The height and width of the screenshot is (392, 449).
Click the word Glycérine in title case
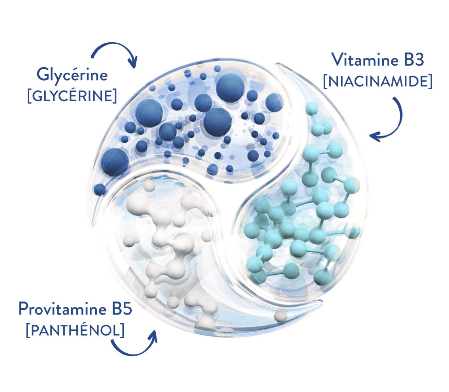pos(72,75)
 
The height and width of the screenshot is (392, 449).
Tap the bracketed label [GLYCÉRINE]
pos(72,96)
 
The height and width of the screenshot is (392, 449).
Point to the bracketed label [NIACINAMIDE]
pos(378,81)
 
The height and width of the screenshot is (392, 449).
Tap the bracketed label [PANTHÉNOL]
pos(75,330)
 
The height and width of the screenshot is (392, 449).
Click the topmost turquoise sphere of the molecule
pos(312,109)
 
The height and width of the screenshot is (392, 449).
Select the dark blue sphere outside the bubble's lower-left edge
pos(100,190)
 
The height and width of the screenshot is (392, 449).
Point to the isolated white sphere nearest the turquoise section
pos(281,316)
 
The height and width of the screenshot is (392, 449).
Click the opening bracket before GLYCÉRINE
pos(29,96)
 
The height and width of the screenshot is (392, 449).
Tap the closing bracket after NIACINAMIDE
pos(430,81)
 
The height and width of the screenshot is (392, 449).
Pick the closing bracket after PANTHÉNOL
pos(122,330)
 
